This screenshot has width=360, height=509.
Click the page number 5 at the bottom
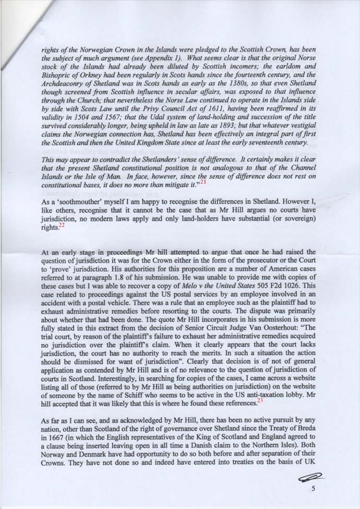pos(313,488)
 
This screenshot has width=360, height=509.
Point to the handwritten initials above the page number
pos(309,475)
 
